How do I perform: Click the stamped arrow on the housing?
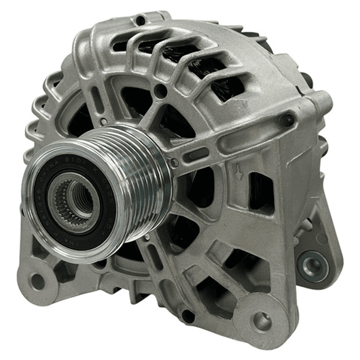point(239,173)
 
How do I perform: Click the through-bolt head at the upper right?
point(287,120)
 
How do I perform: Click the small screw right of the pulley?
point(174,163)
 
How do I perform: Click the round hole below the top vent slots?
point(160,91)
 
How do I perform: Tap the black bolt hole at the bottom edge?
point(188,316)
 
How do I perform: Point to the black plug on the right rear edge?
point(306,80)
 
